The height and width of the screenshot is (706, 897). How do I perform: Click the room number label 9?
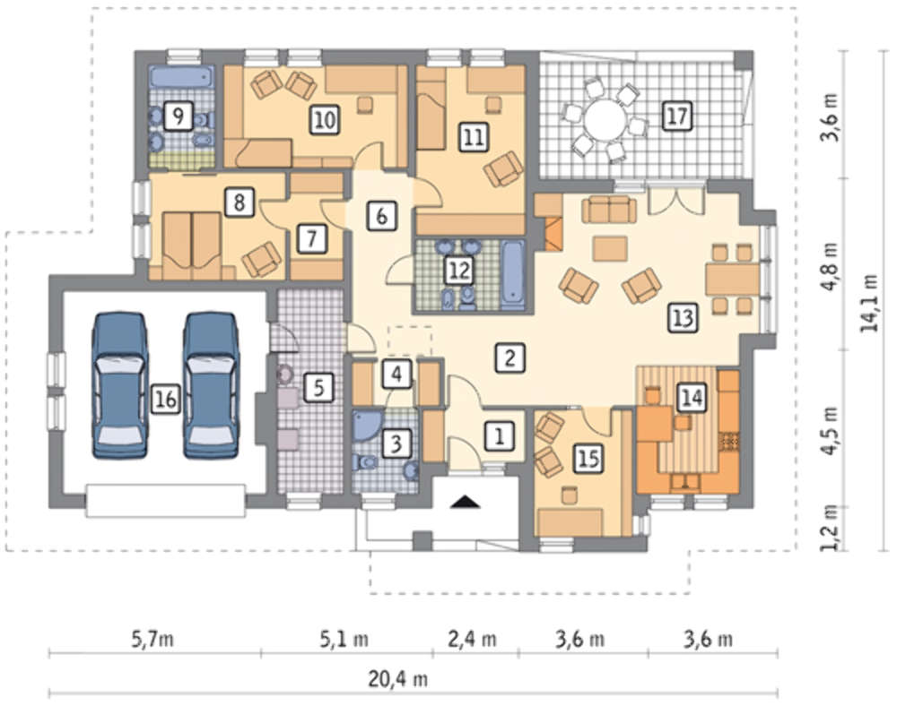click(x=178, y=117)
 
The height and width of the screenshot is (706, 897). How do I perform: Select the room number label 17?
click(x=676, y=116)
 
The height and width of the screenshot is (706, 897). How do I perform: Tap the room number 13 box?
click(x=683, y=317)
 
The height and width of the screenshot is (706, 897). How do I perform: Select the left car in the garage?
click(x=120, y=385)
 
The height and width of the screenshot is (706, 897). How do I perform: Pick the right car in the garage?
click(x=211, y=385)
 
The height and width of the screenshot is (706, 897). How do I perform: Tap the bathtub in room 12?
click(x=512, y=275)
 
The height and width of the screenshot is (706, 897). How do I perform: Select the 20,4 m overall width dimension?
click(x=398, y=679)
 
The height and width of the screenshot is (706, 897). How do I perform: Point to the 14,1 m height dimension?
click(x=870, y=304)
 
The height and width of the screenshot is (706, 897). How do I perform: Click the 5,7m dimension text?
click(x=152, y=638)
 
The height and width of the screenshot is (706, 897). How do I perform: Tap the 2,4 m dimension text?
click(x=472, y=639)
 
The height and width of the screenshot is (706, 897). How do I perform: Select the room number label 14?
click(x=692, y=398)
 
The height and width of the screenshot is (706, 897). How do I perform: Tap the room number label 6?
click(x=381, y=216)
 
